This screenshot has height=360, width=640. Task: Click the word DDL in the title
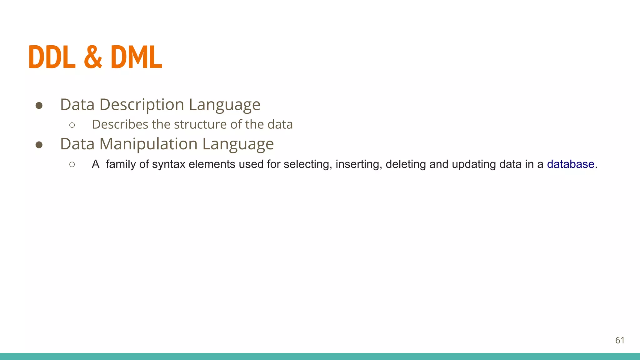[52, 57]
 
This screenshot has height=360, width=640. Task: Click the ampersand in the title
[93, 57]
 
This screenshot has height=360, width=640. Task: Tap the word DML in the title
[136, 57]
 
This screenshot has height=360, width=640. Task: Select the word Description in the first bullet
[142, 105]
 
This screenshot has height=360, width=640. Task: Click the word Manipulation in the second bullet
[148, 144]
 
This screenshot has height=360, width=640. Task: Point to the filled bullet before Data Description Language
[39, 106]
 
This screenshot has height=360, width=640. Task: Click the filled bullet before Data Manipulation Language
[39, 145]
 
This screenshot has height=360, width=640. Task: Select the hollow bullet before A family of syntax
[72, 164]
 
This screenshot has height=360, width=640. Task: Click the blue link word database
[570, 164]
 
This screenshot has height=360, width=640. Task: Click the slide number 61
[620, 340]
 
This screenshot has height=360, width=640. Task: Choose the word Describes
[120, 124]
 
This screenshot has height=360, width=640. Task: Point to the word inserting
[359, 164]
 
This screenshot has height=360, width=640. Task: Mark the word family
[121, 164]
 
